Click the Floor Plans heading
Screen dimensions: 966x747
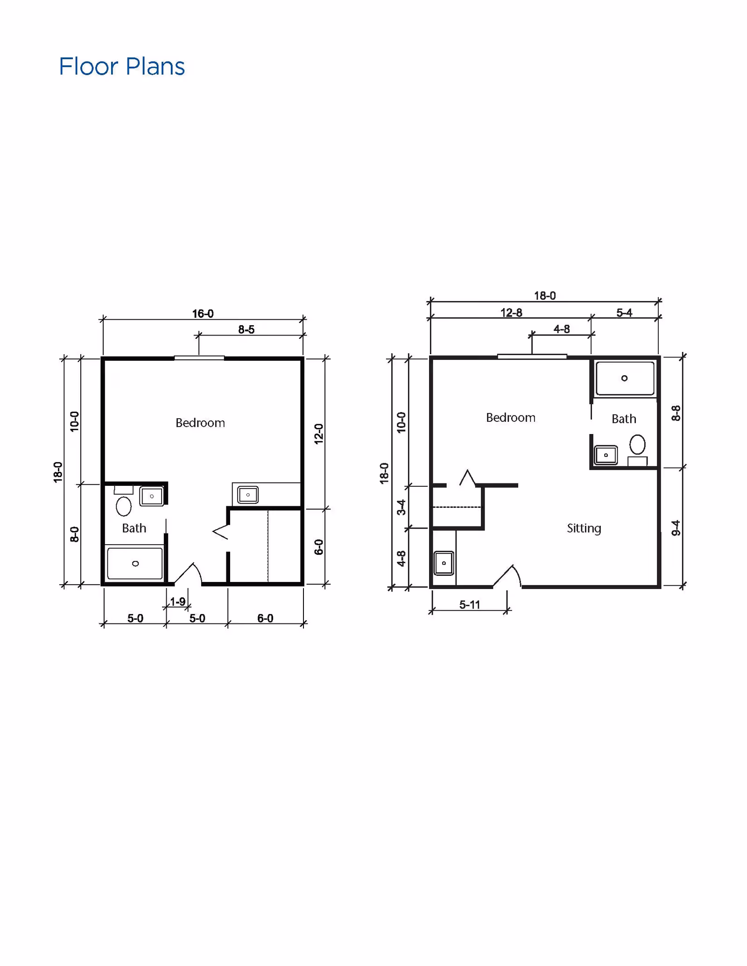click(x=122, y=66)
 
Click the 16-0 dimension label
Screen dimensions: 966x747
click(x=203, y=314)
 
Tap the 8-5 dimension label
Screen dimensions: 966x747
click(x=246, y=329)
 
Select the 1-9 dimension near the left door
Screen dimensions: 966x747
click(x=177, y=602)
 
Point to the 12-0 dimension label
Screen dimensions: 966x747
click(x=318, y=434)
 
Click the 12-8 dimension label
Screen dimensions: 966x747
click(x=511, y=313)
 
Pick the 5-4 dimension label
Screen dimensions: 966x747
click(x=624, y=313)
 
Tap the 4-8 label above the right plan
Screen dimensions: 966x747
click(x=562, y=329)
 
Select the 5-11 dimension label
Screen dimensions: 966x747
click(x=469, y=604)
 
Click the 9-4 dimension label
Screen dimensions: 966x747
click(x=676, y=528)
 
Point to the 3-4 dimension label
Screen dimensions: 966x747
click(x=401, y=507)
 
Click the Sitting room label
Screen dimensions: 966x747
click(x=584, y=528)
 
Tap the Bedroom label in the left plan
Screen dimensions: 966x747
click(x=200, y=423)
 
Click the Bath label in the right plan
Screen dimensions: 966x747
click(x=624, y=419)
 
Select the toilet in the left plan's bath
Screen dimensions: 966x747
click(x=123, y=506)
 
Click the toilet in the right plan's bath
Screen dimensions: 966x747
click(x=637, y=445)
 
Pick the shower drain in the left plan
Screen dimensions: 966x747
click(x=135, y=564)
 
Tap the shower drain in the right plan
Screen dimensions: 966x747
click(x=624, y=378)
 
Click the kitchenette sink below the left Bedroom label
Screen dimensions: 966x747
click(x=248, y=495)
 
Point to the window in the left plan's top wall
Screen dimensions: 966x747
click(x=199, y=358)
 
